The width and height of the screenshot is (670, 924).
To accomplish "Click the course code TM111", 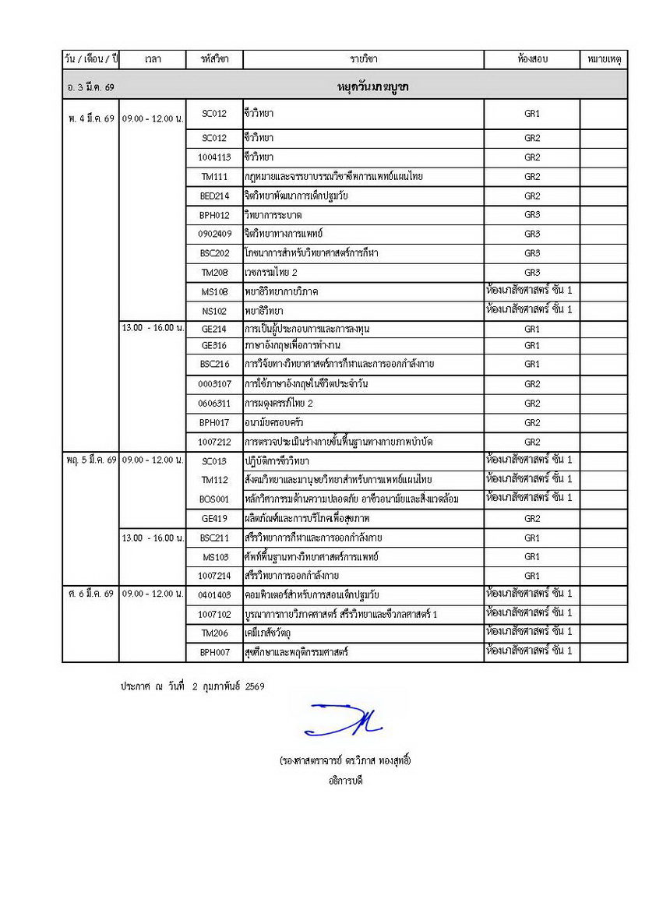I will coord(213,177).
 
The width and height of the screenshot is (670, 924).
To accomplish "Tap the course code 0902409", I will coord(213,234).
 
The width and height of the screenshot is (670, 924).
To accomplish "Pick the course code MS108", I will coord(213,291).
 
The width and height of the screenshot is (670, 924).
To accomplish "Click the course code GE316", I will coord(213,345).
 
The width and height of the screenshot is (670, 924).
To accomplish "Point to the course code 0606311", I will coord(213,404).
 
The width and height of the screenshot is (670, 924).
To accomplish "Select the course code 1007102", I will coord(213,614).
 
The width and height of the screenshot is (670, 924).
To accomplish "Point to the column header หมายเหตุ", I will coord(603,59).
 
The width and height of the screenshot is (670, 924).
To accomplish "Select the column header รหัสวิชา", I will coord(213,59).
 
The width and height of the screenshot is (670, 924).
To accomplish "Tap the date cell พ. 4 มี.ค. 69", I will coord(90,118).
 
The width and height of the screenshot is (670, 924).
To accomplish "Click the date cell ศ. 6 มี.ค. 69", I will coord(90,594).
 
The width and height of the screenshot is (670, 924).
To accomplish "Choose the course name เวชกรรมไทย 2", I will coord(271,272).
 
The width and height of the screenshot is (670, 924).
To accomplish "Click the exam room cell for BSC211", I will coord(531,538).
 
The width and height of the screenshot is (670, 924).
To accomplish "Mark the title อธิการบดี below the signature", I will coord(345,779).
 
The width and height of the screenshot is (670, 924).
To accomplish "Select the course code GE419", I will coord(213,518).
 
